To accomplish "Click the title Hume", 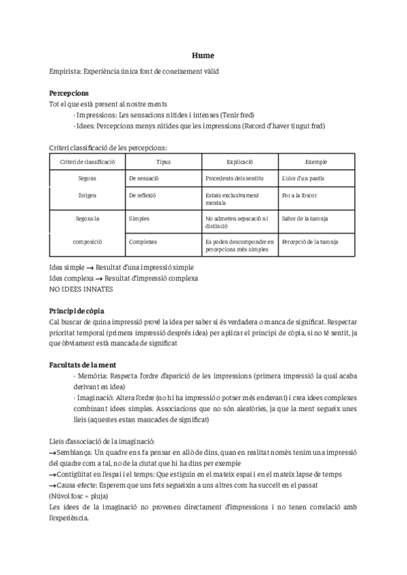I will (203, 57).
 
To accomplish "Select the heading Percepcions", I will (69, 93).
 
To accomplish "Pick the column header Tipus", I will (163, 161).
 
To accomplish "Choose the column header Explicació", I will (239, 161).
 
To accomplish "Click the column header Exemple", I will (315, 161).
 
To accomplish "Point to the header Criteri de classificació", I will (88, 161).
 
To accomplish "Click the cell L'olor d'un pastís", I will (304, 178).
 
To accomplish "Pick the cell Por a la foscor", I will (299, 195).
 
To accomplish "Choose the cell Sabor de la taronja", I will (305, 219).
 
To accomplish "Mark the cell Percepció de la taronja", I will (309, 241).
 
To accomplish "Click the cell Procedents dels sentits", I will (233, 178).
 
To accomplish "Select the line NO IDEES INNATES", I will (81, 289).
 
